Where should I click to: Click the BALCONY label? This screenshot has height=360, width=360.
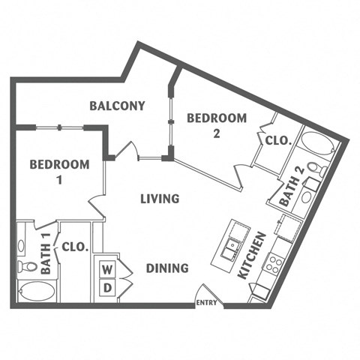(117, 106)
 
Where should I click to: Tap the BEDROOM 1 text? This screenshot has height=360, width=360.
(59, 172)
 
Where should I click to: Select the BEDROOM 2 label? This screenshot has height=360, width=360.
(216, 125)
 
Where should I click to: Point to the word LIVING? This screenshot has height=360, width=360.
(160, 199)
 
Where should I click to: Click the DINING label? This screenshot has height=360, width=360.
(166, 268)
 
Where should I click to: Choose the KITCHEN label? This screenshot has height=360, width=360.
(252, 256)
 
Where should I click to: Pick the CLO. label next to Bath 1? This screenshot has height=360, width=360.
(75, 246)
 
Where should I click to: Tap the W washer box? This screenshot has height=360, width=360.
(107, 268)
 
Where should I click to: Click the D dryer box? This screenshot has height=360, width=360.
(107, 287)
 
